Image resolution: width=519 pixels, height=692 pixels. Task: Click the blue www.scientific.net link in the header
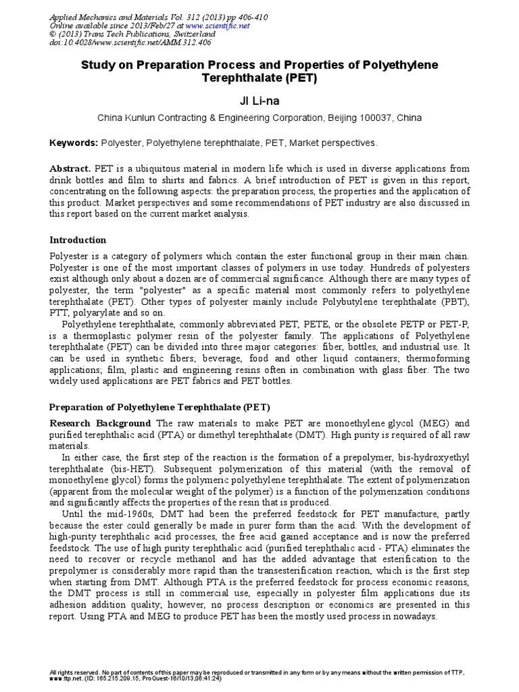[224, 26]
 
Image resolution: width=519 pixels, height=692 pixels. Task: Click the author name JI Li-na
[259, 101]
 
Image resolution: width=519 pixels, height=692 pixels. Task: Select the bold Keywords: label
[74, 143]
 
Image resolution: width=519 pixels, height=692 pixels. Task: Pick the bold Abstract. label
[71, 168]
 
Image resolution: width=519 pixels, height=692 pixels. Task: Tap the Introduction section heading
[78, 240]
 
